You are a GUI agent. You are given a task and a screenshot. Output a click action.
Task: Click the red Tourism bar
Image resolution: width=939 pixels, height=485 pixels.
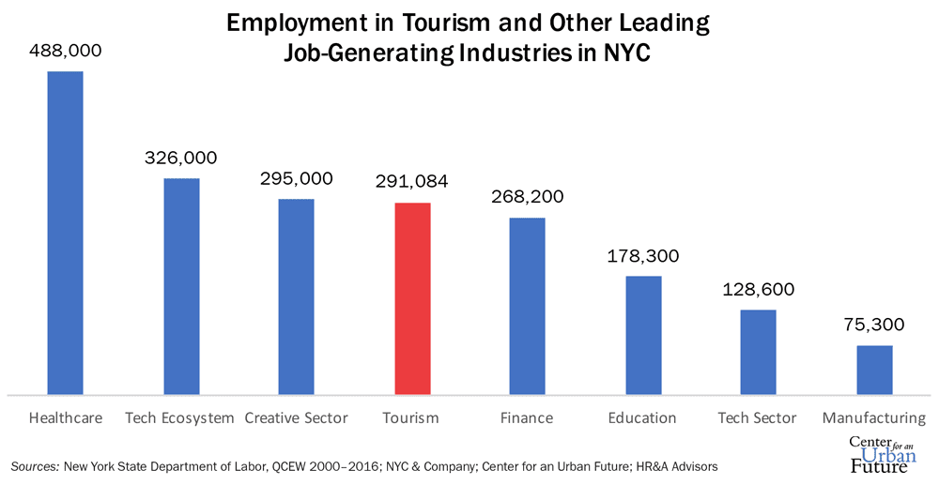pos(412,298)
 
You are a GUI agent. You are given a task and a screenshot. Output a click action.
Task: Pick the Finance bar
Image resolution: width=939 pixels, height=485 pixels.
pos(528,306)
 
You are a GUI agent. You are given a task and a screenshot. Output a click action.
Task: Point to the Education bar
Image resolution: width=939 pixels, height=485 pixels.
pos(643,335)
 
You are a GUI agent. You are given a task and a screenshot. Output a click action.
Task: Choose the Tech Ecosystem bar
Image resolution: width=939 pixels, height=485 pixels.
pos(181,286)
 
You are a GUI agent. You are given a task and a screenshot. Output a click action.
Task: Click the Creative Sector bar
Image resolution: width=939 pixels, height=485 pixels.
pos(297,296)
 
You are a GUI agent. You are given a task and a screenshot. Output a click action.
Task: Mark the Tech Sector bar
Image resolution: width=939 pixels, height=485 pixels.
pos(759,352)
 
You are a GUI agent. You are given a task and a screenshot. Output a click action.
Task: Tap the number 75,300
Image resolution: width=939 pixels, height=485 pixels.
pos(874,326)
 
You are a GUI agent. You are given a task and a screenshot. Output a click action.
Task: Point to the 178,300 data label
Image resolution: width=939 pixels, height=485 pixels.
pos(643,257)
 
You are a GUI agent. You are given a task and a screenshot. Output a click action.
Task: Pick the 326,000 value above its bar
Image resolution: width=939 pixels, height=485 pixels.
pos(181,159)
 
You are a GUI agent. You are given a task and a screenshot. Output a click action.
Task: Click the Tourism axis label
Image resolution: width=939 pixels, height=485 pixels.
pos(412,417)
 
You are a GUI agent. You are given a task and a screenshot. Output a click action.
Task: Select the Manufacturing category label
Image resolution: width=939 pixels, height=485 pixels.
pos(874,417)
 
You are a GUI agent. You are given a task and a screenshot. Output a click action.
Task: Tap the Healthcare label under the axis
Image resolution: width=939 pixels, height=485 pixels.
pos(66,417)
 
